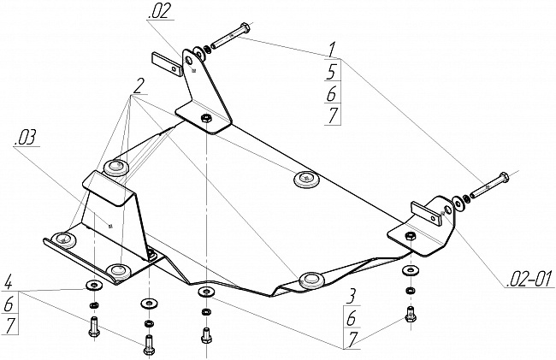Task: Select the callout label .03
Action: point(25,137)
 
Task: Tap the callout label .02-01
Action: point(529,279)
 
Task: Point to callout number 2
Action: point(139,86)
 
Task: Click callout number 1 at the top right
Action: point(332,50)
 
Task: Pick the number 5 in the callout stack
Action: point(332,72)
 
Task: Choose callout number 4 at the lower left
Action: point(9,284)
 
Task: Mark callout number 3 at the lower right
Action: point(351,297)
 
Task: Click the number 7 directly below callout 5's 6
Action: point(333,115)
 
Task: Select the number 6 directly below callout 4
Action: point(9,304)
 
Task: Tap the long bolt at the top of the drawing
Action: point(230,37)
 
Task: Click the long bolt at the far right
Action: point(489,186)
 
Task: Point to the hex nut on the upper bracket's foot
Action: point(205,118)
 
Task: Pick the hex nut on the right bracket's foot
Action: point(410,236)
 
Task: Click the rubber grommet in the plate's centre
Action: point(306,179)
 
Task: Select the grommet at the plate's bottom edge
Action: point(311,280)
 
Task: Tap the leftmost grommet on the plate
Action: point(63,240)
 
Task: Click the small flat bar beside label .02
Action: point(168,64)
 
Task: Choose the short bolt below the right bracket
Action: point(411,314)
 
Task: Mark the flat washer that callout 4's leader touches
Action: point(93,285)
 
